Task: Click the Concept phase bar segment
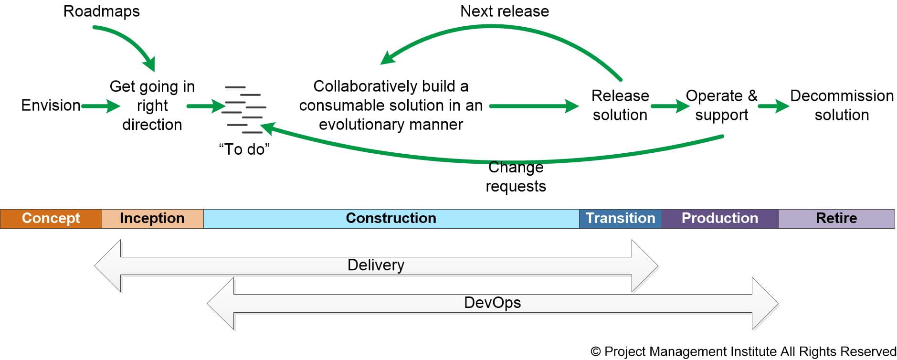point(51,219)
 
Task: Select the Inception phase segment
point(152,219)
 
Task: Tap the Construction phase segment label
point(390,218)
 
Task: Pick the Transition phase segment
point(620,219)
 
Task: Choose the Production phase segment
point(719,219)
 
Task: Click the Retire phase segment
point(836,219)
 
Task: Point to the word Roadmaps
point(101,11)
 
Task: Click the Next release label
point(504,11)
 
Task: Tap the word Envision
point(51,105)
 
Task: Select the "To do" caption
point(244,149)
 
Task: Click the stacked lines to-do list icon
point(244,109)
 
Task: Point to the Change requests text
point(516,177)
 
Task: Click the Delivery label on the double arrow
point(376,265)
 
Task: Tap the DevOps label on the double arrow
point(492,303)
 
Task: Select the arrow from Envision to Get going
point(101,106)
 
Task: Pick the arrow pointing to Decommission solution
point(773,106)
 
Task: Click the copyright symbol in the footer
point(595,352)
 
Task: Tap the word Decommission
point(842,95)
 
